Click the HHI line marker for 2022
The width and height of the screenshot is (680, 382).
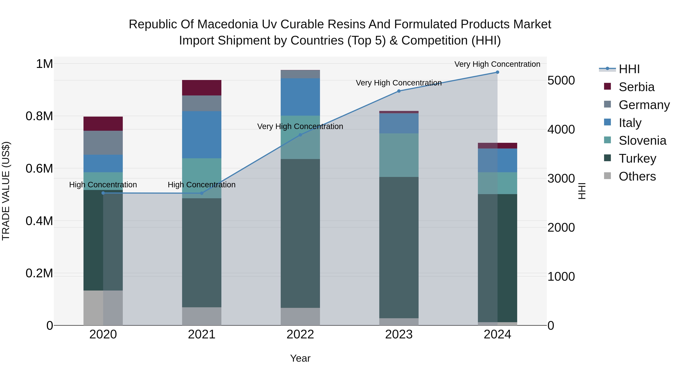[x=300, y=135]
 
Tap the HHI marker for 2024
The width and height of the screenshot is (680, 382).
[x=497, y=72]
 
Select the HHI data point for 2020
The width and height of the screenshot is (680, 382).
[x=103, y=193]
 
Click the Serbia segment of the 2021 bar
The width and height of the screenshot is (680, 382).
[x=202, y=88]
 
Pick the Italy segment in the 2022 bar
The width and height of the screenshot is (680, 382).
[x=300, y=97]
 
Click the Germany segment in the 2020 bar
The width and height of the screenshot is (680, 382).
[x=103, y=143]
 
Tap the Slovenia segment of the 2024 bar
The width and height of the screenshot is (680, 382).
[x=497, y=183]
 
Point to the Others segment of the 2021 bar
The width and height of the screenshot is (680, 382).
[x=202, y=316]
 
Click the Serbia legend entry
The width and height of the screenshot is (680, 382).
[x=636, y=87]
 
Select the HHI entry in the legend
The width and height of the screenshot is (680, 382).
[x=629, y=69]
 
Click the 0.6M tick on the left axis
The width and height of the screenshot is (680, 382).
[x=39, y=168]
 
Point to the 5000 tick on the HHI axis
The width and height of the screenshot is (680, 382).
[x=561, y=80]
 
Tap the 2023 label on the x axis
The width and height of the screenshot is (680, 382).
[x=399, y=334]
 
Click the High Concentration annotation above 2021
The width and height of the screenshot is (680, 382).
[x=202, y=184]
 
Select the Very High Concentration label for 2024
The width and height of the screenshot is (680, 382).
[x=497, y=64]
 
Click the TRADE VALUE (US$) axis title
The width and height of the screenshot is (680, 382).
[x=6, y=191]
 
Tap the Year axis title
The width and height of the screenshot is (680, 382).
[x=300, y=358]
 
